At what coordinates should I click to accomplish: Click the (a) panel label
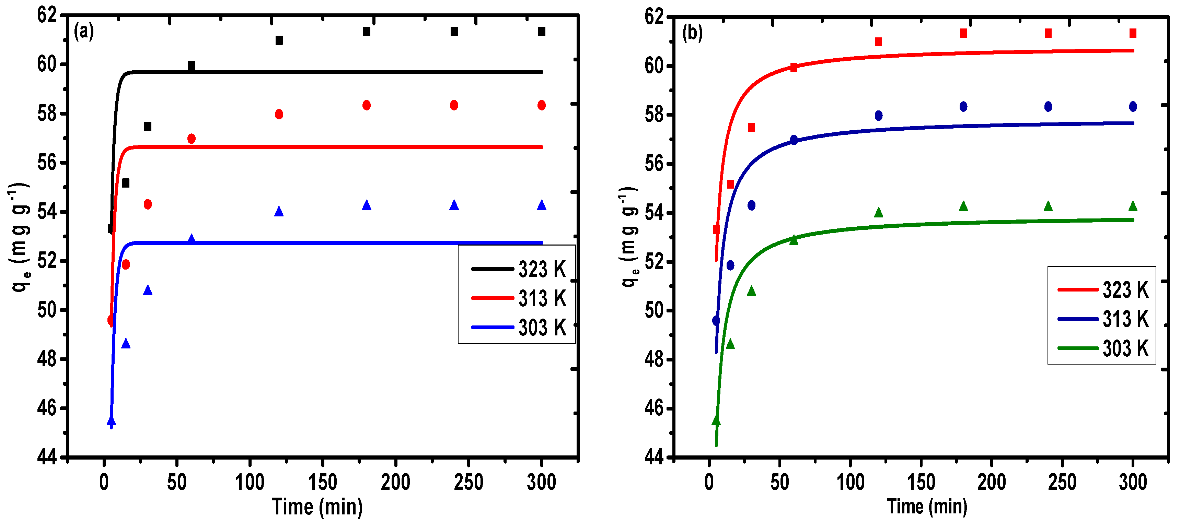(x=84, y=32)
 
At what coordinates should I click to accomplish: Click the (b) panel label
(x=692, y=33)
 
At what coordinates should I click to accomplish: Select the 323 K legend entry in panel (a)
(x=519, y=269)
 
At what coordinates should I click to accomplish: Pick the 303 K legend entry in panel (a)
(x=519, y=328)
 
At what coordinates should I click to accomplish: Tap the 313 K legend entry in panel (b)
(x=1103, y=319)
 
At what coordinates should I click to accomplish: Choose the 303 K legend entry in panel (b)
(x=1103, y=348)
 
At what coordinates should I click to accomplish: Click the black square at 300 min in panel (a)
(x=542, y=32)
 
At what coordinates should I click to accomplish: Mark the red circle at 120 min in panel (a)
(x=279, y=115)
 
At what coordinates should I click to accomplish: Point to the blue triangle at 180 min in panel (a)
(x=367, y=205)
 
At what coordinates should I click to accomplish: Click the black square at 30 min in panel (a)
(x=148, y=126)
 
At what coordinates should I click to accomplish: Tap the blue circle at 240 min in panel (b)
(x=1048, y=107)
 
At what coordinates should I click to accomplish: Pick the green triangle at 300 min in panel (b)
(x=1133, y=206)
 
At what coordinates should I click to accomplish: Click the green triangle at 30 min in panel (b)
(x=751, y=292)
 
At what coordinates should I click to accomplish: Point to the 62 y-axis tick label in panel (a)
(x=47, y=15)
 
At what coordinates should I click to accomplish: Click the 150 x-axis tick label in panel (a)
(x=323, y=482)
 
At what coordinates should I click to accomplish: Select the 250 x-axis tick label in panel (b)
(x=1062, y=482)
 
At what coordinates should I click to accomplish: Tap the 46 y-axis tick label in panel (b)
(x=654, y=408)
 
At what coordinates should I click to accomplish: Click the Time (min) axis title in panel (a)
(x=317, y=507)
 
